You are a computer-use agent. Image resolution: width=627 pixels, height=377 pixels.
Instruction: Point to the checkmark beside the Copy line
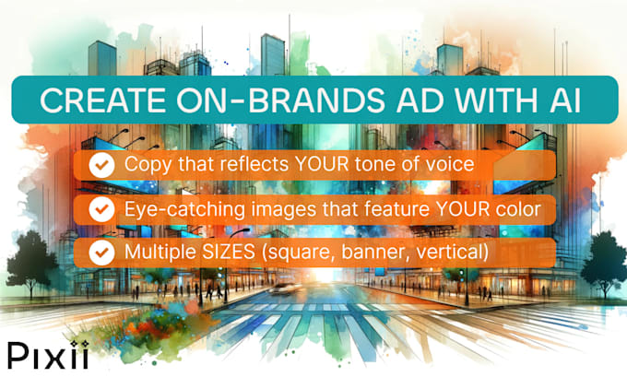(x=102, y=166)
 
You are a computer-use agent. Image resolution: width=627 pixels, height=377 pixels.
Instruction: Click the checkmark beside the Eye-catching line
(x=102, y=209)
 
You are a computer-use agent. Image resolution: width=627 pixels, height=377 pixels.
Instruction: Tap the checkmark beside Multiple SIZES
(x=102, y=252)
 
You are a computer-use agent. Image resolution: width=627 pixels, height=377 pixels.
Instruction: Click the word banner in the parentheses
(x=375, y=252)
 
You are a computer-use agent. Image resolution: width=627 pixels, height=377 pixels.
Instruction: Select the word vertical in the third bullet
(x=451, y=252)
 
